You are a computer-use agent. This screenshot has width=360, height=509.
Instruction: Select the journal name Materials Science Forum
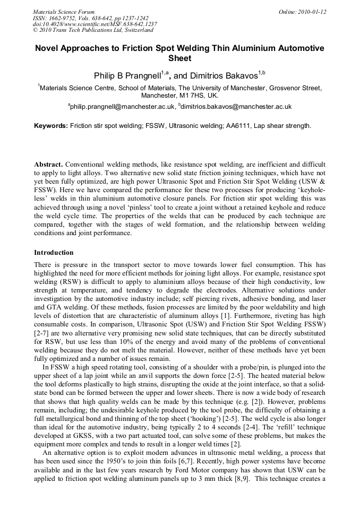tap(64, 12)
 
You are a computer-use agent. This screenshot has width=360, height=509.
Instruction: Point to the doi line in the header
tap(95, 24)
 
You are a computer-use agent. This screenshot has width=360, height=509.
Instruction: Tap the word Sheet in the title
tap(179, 58)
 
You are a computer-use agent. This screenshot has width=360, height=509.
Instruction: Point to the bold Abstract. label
tap(48, 165)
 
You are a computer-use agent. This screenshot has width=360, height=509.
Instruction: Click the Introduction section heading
tap(54, 252)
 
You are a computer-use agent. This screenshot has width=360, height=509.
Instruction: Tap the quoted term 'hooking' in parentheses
tap(180, 410)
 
